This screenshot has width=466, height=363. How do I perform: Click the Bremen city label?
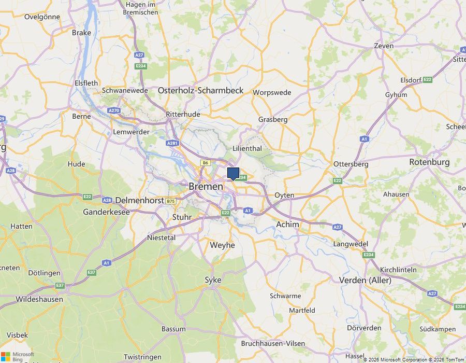(206, 186)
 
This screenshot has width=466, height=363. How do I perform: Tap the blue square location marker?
(233, 173)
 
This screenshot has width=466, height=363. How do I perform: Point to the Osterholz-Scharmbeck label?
(200, 90)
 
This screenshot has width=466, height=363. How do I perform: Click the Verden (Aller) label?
(365, 280)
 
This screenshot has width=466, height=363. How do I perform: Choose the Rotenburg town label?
(429, 162)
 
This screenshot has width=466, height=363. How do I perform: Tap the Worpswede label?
(272, 93)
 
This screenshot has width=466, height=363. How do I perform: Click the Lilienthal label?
(247, 148)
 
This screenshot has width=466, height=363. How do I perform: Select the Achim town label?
(287, 225)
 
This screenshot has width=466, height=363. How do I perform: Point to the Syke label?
(213, 280)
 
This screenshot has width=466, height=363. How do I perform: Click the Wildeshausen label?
(39, 299)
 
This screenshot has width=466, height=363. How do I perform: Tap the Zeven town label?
(384, 46)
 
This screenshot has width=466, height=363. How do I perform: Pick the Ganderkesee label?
(106, 212)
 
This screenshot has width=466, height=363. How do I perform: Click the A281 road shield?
(172, 143)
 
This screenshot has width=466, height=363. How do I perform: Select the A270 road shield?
(114, 110)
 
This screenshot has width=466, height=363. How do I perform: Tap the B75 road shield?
(171, 201)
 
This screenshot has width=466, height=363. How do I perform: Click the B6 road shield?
(206, 163)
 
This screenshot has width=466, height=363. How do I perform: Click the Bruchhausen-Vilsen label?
(273, 343)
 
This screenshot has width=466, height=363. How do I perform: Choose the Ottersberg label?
(351, 164)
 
